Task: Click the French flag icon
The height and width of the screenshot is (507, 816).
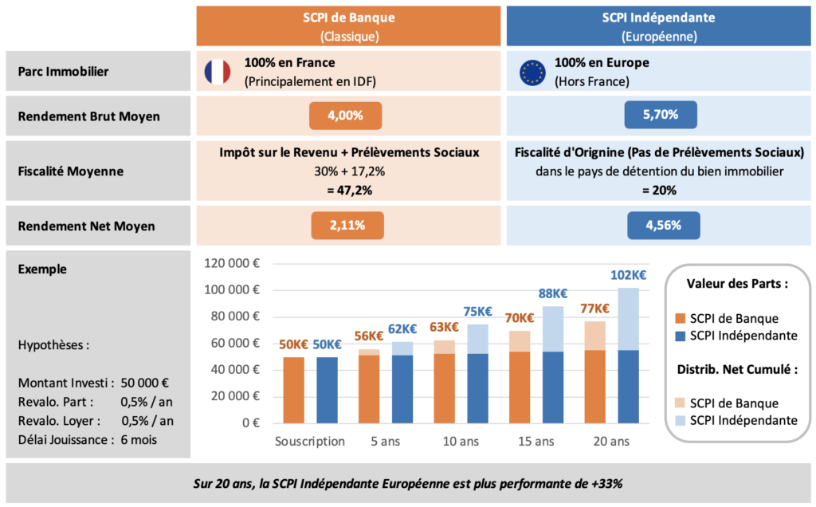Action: (x=217, y=72)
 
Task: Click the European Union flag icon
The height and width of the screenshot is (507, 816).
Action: (x=532, y=72)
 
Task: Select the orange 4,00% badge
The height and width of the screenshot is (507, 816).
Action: (x=346, y=116)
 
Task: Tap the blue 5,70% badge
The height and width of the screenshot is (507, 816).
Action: (x=661, y=115)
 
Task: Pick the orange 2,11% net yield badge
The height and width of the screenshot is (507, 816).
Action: (x=347, y=226)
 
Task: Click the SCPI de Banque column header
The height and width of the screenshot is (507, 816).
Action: (x=349, y=26)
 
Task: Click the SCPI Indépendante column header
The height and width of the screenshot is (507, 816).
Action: (x=661, y=26)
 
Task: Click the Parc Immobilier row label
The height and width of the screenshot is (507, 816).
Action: (x=63, y=72)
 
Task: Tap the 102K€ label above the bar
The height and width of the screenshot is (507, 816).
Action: (x=628, y=275)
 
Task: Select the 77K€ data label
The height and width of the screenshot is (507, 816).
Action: (x=594, y=309)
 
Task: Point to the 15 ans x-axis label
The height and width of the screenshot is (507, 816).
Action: (x=535, y=441)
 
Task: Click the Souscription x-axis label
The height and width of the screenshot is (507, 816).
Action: (x=310, y=441)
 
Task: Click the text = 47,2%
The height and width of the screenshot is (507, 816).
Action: (x=349, y=190)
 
